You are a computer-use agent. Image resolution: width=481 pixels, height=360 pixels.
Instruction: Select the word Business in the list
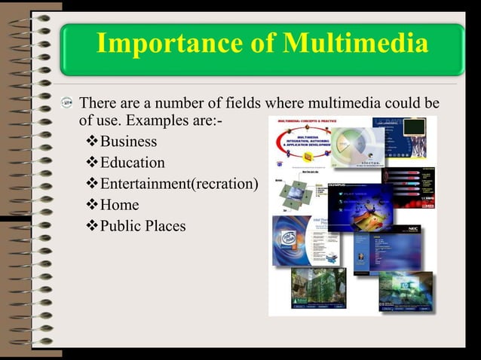[x=128, y=142]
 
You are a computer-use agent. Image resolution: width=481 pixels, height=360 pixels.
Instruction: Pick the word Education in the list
[x=132, y=163]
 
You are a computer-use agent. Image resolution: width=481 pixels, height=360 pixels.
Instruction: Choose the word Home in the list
[x=119, y=205]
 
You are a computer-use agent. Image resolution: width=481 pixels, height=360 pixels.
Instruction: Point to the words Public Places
[x=142, y=226]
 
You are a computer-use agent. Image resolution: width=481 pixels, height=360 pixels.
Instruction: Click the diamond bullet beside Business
[x=93, y=142]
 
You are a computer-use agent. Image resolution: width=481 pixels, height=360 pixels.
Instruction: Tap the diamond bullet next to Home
[x=93, y=205]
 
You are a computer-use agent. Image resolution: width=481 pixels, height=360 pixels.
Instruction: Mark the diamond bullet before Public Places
[x=93, y=226]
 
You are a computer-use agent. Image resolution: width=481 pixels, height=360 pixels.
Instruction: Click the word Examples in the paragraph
[x=170, y=121]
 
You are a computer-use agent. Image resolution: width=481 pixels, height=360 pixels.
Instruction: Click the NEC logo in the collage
[x=414, y=229]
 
